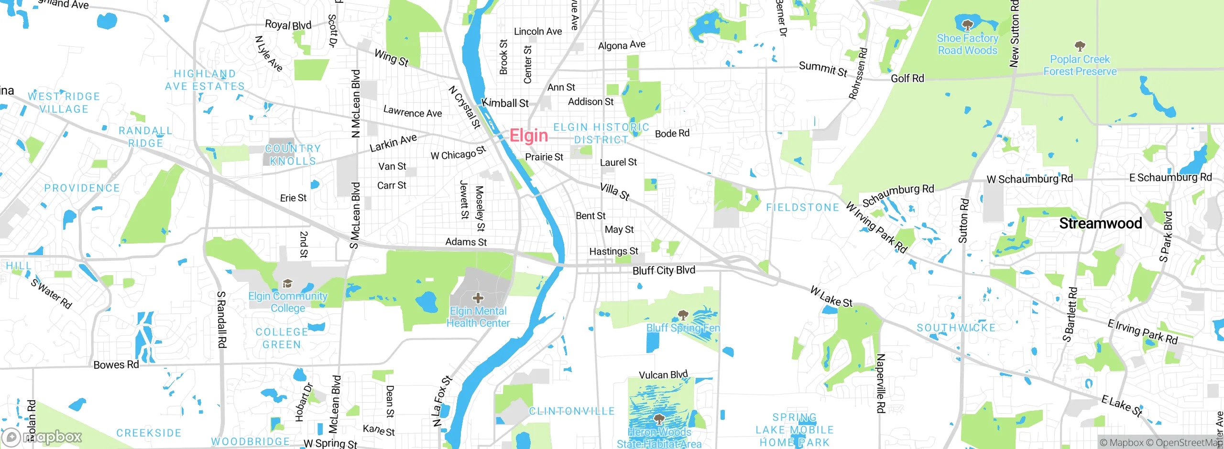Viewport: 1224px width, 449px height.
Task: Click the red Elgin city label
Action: (x=528, y=136)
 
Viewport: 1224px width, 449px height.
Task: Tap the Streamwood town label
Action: (x=1100, y=223)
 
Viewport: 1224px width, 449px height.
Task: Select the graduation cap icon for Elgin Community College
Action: (x=287, y=284)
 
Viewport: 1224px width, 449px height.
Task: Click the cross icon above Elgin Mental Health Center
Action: (x=478, y=299)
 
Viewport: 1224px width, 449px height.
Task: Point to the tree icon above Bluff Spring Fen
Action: (x=683, y=315)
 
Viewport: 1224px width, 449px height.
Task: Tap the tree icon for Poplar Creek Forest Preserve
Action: (x=1080, y=46)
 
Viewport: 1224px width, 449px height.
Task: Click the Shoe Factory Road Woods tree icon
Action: (x=967, y=25)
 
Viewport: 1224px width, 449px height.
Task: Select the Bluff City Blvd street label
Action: (x=664, y=270)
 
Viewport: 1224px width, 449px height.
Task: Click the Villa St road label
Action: (x=615, y=192)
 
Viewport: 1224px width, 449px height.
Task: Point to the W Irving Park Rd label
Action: (x=876, y=227)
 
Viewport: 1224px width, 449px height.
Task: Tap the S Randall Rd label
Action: (x=221, y=319)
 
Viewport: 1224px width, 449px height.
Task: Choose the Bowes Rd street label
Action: (x=116, y=365)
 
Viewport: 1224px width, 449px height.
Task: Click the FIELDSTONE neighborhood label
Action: (x=802, y=207)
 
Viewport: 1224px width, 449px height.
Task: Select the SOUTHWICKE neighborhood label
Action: (x=956, y=328)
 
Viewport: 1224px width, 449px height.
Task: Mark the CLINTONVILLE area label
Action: (x=571, y=411)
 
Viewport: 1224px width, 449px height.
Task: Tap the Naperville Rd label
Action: (x=881, y=383)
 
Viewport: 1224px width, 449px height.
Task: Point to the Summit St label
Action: (x=823, y=69)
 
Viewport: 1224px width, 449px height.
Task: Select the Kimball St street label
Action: (x=505, y=103)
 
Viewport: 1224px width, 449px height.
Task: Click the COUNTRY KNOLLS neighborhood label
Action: (x=293, y=155)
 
